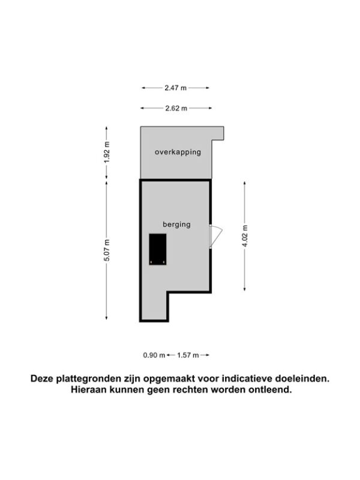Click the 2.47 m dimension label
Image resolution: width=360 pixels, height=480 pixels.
coord(175,88)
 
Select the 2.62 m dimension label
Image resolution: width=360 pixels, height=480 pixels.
coord(176,108)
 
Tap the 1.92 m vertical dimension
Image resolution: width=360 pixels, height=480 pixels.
coord(107,152)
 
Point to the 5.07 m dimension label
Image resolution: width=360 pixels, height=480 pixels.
coord(107,250)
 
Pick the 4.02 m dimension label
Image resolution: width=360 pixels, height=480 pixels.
coord(245,236)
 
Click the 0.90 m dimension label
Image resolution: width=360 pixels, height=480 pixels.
coord(154,355)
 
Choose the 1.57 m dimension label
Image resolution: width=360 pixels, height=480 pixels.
coord(188,355)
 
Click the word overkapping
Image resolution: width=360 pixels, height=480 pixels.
coord(178,152)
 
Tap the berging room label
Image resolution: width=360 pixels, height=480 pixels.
coord(176,224)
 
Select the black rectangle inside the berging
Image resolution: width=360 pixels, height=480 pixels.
coord(158,249)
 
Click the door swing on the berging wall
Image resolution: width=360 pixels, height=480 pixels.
coord(215,236)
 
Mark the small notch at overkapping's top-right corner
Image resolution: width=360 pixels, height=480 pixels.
coord(218,133)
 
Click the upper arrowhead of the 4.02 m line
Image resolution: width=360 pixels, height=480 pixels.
coord(245,184)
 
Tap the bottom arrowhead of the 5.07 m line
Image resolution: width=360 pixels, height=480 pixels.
coord(107,318)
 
